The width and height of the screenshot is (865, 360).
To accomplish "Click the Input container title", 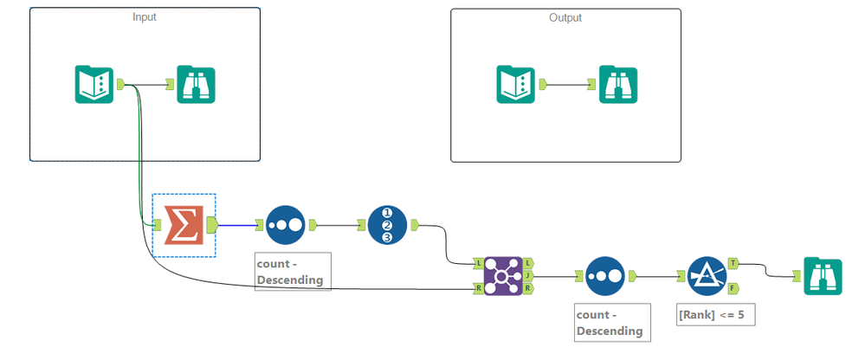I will click(x=145, y=17).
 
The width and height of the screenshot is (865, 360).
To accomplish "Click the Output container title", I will click(x=565, y=17).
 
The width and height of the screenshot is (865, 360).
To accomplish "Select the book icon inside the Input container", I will click(x=92, y=85).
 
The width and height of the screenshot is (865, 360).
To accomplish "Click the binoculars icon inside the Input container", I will click(x=197, y=85).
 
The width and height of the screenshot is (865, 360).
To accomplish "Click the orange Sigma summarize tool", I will click(x=183, y=225).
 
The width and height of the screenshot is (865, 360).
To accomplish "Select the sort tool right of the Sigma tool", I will click(x=286, y=225).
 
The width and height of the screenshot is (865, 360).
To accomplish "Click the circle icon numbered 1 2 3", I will click(x=387, y=225).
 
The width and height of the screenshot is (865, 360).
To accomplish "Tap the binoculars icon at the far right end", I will click(x=822, y=276).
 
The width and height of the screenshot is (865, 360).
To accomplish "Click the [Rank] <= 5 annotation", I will click(x=716, y=314).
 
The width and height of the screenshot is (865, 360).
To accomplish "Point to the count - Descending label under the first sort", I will click(x=293, y=272).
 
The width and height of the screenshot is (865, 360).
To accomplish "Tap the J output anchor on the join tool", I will click(x=528, y=276).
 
